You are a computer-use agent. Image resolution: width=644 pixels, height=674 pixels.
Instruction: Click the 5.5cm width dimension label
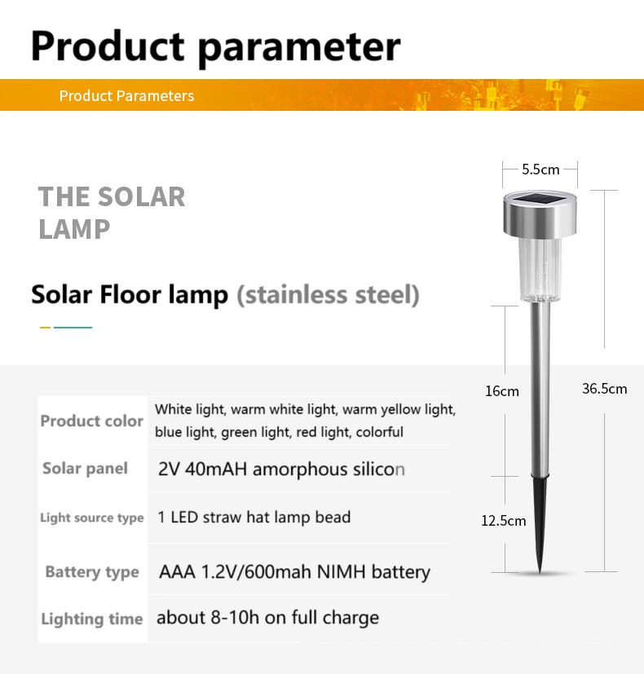click(540, 170)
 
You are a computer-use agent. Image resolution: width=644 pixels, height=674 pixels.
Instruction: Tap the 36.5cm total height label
click(604, 389)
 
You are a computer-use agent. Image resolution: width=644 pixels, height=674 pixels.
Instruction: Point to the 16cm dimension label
click(501, 391)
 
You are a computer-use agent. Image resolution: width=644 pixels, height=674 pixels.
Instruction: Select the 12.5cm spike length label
click(503, 521)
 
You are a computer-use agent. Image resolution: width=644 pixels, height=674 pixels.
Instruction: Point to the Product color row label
click(91, 421)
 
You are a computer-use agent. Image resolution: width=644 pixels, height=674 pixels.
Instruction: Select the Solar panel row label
click(85, 468)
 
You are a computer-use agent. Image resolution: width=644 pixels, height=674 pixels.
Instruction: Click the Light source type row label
click(91, 518)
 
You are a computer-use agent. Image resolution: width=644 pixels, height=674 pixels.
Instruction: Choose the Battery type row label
click(91, 572)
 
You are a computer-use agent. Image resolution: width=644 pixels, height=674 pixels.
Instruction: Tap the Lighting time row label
click(91, 619)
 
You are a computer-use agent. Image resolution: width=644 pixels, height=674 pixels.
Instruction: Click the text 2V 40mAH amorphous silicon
click(281, 469)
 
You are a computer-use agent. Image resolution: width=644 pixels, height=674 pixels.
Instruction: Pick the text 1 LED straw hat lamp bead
click(254, 518)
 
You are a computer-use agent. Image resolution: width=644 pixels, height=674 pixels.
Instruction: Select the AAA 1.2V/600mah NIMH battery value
click(294, 572)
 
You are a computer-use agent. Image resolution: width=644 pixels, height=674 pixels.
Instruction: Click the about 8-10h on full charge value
click(267, 618)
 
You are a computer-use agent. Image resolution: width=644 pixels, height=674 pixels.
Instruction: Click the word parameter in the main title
click(299, 46)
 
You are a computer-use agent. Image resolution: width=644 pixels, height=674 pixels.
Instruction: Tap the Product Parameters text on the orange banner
click(126, 96)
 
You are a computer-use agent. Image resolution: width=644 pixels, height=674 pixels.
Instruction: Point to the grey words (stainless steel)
click(328, 294)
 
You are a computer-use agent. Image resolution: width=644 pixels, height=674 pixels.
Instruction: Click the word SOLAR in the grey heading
click(143, 196)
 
